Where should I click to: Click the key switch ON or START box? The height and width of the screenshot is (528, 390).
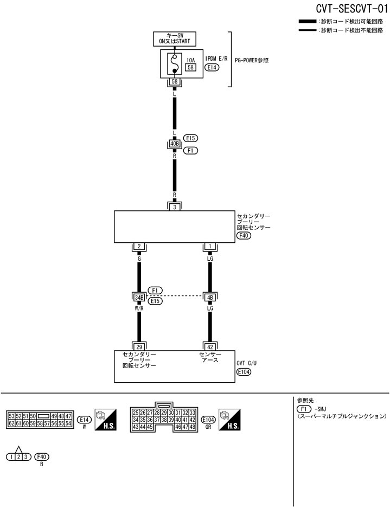pyautogui.click(x=174, y=38)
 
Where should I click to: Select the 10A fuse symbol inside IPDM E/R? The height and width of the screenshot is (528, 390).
pyautogui.click(x=174, y=64)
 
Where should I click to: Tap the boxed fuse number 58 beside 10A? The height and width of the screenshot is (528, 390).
pyautogui.click(x=190, y=67)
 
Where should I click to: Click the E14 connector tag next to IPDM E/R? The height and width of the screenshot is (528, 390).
pyautogui.click(x=212, y=68)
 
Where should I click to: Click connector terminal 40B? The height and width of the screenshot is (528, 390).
pyautogui.click(x=174, y=144)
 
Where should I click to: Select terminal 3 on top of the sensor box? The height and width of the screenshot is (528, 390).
pyautogui.click(x=175, y=207)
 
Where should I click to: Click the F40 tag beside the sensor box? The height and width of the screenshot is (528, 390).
pyautogui.click(x=244, y=236)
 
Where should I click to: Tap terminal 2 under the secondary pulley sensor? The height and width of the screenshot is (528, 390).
pyautogui.click(x=139, y=247)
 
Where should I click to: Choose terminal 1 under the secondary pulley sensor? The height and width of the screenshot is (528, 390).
pyautogui.click(x=210, y=247)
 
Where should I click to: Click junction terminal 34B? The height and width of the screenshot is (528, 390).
pyautogui.click(x=139, y=297)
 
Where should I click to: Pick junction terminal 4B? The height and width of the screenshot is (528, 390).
pyautogui.click(x=210, y=297)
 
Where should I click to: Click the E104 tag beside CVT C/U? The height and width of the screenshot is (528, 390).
pyautogui.click(x=244, y=372)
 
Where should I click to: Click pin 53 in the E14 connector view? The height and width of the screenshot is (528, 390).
pyautogui.click(x=11, y=416)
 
